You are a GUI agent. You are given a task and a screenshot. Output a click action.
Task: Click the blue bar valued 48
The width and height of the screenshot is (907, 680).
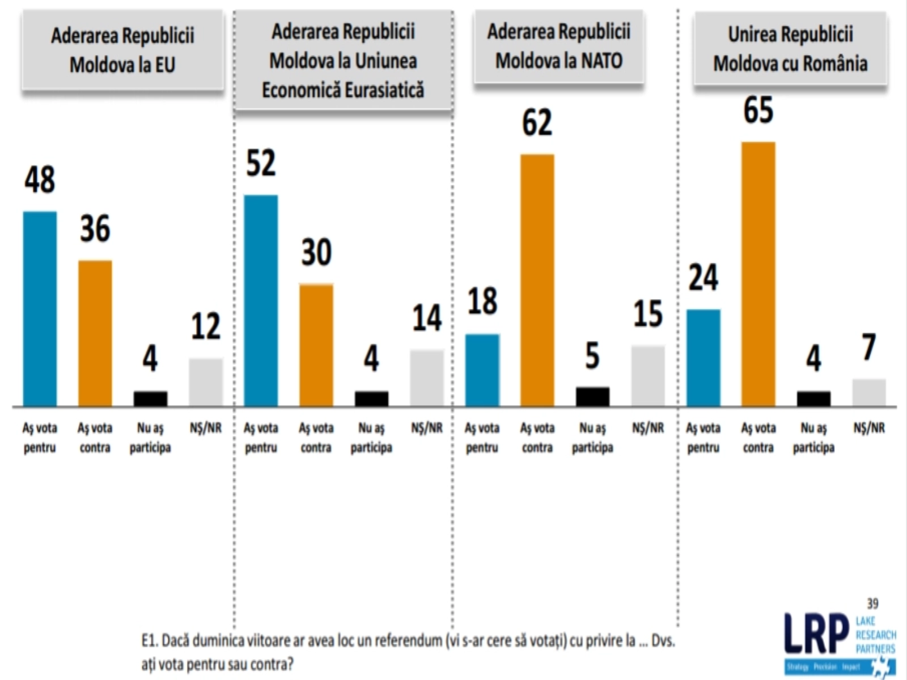(40, 309)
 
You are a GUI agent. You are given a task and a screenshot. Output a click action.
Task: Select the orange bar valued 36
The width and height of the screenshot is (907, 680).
(95, 333)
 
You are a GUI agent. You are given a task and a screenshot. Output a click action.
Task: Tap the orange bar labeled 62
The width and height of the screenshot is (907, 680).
(537, 280)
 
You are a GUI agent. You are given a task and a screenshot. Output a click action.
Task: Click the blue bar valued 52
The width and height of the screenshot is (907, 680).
(261, 300)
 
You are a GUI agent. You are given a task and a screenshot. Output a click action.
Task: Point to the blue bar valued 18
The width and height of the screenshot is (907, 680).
(482, 370)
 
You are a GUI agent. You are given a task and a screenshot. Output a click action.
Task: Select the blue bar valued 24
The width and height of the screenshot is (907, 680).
(703, 358)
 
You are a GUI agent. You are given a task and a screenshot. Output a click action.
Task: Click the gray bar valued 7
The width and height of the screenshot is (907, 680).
(868, 392)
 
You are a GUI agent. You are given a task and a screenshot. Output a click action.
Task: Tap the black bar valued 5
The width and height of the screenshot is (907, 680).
(592, 397)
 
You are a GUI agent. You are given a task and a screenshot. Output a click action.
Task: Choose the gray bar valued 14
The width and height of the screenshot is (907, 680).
(426, 378)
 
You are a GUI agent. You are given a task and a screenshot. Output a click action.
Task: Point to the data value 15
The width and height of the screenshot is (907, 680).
(647, 313)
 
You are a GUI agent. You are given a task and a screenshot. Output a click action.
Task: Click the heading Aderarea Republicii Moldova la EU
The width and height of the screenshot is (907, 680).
(122, 50)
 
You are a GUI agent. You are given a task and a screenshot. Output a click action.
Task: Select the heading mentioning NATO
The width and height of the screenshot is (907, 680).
(559, 46)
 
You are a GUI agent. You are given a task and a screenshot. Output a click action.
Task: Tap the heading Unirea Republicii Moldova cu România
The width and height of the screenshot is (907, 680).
(790, 49)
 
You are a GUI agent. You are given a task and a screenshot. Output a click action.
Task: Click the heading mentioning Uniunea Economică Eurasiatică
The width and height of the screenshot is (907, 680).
(343, 61)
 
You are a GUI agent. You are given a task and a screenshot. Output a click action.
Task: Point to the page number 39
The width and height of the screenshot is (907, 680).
(872, 603)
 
